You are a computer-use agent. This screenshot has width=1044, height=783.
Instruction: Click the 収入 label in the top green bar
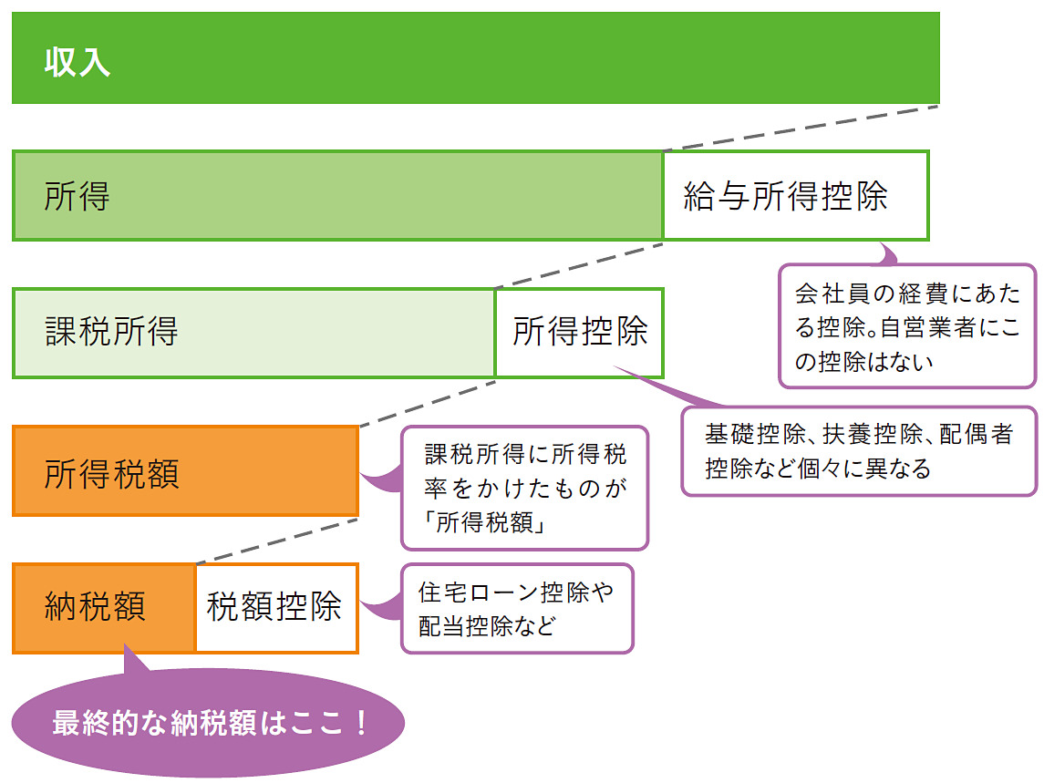[x=78, y=63]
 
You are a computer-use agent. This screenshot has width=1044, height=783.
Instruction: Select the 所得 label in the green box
[x=77, y=197]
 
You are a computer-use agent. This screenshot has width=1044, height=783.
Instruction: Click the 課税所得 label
[x=111, y=333]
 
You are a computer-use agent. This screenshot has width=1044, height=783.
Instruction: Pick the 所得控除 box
[x=579, y=333]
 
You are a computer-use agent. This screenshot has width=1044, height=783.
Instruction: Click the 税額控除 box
[x=275, y=607]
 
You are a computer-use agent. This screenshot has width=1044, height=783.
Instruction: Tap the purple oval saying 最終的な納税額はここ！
[x=209, y=724]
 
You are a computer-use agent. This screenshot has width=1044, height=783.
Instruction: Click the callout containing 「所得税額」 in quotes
[x=524, y=488]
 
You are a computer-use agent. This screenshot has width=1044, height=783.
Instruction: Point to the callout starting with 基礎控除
[x=858, y=451]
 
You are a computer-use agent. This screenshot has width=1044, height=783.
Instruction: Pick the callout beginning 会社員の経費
[x=906, y=326]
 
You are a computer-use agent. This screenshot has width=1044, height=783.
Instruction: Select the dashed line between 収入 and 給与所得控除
[x=801, y=129]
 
